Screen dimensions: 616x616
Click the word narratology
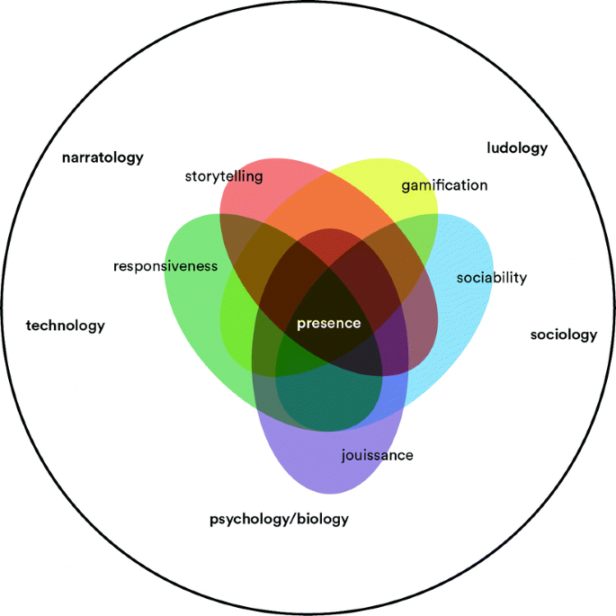point(103,157)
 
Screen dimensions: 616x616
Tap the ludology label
point(517,148)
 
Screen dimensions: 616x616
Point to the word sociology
point(564,335)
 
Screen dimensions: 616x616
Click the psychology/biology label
point(279,519)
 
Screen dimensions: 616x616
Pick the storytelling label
point(224,176)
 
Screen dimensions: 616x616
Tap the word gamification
point(444,185)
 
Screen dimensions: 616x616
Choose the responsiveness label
point(165,266)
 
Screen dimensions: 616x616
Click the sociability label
point(491,277)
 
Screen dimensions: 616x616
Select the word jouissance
point(378,455)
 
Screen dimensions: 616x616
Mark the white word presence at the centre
point(328,324)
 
